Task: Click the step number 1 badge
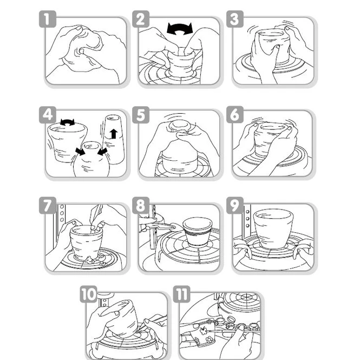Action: (x=48, y=19)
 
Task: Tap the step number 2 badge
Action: (x=141, y=19)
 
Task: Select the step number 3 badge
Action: (x=235, y=19)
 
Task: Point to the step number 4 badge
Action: (x=48, y=115)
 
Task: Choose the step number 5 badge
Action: (x=141, y=115)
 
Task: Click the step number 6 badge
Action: (x=235, y=115)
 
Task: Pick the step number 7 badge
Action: (x=48, y=205)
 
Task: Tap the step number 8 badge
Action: (x=141, y=205)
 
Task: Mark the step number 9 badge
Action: (x=235, y=205)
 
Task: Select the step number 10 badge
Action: (x=89, y=294)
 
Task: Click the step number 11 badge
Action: (x=181, y=294)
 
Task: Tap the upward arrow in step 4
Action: (x=114, y=134)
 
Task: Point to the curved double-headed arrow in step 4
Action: (x=67, y=123)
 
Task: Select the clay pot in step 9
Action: (x=273, y=228)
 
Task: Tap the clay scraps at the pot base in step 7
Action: (x=90, y=260)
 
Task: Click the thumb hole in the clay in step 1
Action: (x=81, y=50)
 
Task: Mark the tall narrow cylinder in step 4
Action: (x=114, y=139)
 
